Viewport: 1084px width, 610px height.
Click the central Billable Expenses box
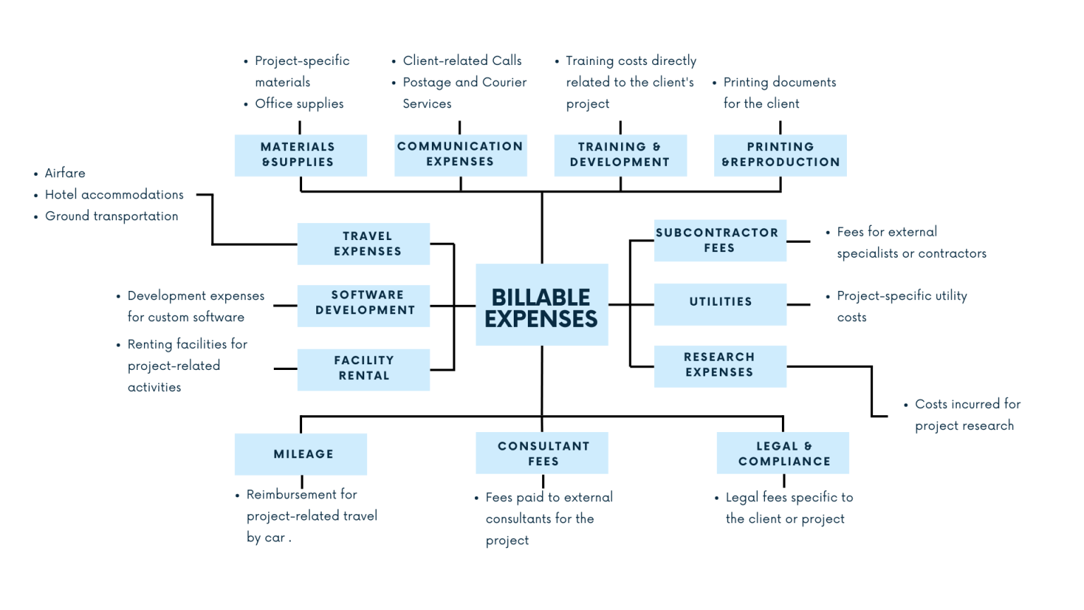pos(541,305)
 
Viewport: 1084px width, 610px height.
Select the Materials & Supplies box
pos(301,155)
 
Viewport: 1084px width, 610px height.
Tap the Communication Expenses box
pos(460,155)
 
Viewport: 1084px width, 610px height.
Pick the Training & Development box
pos(620,155)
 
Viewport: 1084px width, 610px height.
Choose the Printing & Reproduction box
pos(780,155)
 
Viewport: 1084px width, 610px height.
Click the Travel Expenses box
pos(363,244)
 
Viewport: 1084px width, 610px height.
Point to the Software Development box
pos(363,305)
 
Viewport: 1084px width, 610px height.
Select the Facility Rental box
pos(363,369)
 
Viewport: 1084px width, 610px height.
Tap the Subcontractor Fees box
pos(720,241)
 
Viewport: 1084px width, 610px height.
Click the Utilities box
pos(720,304)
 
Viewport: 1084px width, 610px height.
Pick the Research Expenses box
pos(720,366)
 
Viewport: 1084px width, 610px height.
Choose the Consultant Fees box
pos(542,453)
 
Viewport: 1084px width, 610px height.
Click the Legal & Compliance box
pos(783,453)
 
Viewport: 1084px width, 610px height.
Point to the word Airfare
pos(65,173)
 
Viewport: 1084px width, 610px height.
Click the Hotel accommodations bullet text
pos(114,195)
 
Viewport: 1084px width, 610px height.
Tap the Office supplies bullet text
pos(299,104)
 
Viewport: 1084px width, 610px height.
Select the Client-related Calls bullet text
pos(462,61)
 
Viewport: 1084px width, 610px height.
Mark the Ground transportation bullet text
pos(112,216)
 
